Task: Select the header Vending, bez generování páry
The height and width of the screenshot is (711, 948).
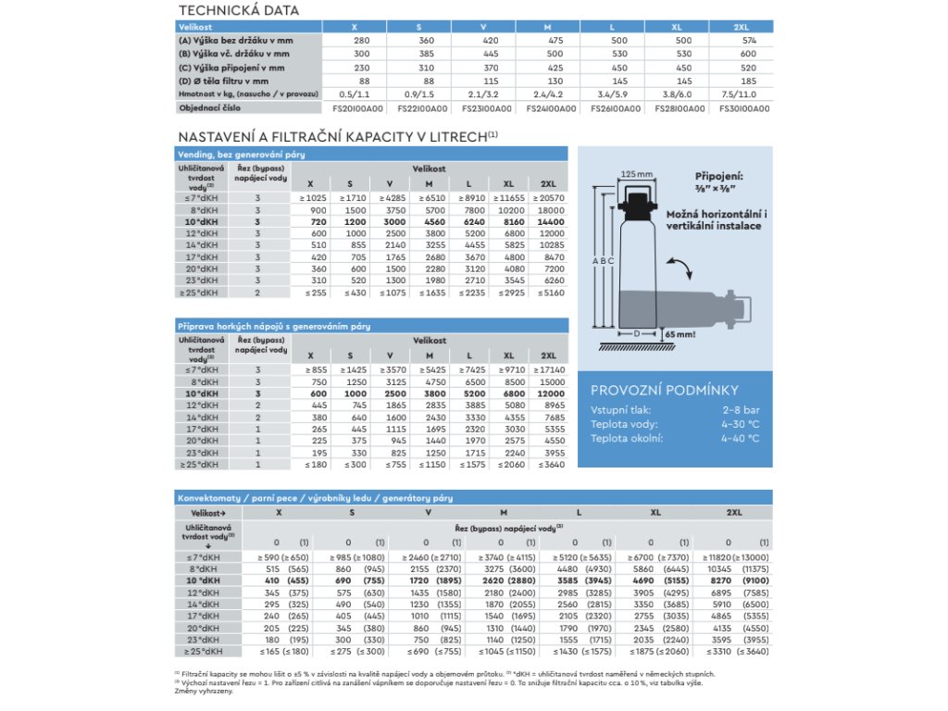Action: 241,154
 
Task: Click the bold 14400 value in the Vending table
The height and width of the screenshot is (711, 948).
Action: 549,223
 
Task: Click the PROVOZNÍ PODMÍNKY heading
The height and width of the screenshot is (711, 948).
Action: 652,391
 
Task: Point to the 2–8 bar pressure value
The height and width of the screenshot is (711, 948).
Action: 741,410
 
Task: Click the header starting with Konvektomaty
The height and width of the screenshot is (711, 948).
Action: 315,498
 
